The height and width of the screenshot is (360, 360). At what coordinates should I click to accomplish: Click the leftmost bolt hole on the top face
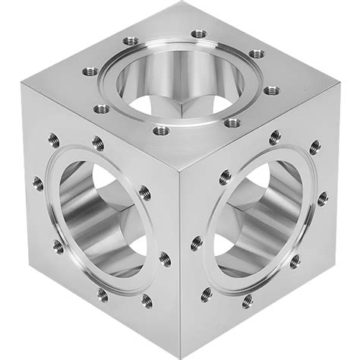coord(88,72)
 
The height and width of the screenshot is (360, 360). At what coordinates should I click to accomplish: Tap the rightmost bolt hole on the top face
coord(271,90)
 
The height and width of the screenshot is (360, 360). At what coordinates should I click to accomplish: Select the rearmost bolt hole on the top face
coord(198,34)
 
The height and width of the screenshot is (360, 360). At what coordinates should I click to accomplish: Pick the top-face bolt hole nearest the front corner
coord(161,130)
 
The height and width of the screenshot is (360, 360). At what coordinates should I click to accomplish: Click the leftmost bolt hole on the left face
coord(37,182)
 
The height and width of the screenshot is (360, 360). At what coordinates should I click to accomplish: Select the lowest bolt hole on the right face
coord(248,302)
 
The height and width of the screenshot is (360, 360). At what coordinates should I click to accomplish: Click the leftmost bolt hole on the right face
coord(197,243)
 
